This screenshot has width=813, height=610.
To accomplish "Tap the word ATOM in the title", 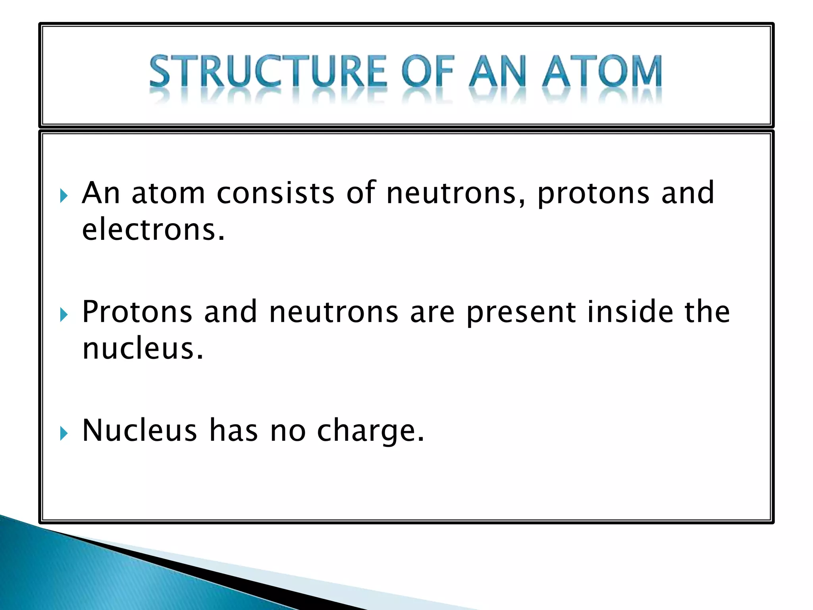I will point(602,71).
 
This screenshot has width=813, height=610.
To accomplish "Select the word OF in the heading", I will point(428,71).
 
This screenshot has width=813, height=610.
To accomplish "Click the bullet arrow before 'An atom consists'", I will point(64,196).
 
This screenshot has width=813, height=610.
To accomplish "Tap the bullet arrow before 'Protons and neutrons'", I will point(64,315).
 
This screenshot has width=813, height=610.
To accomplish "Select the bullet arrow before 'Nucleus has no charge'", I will point(64,433).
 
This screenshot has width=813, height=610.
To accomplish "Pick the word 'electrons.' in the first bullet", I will point(153,230).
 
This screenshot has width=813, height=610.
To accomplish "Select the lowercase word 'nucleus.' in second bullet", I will point(143,349).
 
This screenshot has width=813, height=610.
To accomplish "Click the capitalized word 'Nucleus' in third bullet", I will point(139,431).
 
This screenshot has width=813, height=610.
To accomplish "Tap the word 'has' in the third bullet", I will point(233,431).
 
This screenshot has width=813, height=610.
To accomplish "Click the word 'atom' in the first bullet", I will point(168,193).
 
